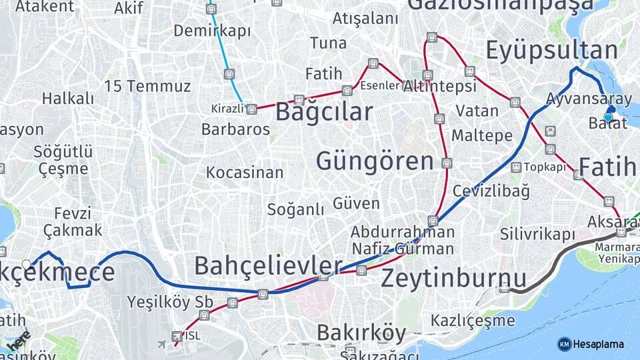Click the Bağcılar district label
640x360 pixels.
point(323,112)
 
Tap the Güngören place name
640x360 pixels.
point(375,161)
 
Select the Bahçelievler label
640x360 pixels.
point(268,266)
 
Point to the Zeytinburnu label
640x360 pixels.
point(453,278)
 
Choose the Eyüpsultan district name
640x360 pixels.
point(551,51)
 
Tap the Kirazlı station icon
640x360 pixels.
point(251,109)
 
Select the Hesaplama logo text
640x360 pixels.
point(598,344)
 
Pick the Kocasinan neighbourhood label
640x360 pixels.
point(245,173)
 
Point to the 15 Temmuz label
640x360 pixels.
point(147,86)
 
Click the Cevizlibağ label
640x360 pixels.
point(491,191)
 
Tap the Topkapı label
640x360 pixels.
point(545,167)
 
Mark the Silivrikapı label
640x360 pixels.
point(537,234)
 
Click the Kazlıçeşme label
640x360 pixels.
point(472,321)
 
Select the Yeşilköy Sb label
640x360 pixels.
point(170,301)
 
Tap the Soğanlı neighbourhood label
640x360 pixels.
point(295,209)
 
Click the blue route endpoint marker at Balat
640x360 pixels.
point(608,117)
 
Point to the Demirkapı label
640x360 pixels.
point(212,31)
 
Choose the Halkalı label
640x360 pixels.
point(68,99)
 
